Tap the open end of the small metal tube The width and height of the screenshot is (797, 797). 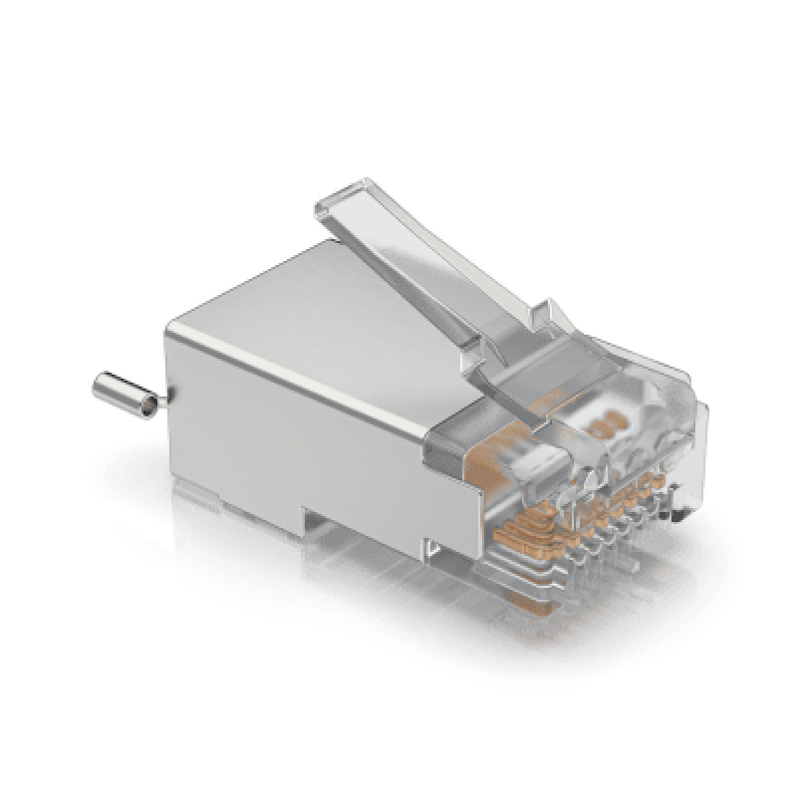tap(146, 402)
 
